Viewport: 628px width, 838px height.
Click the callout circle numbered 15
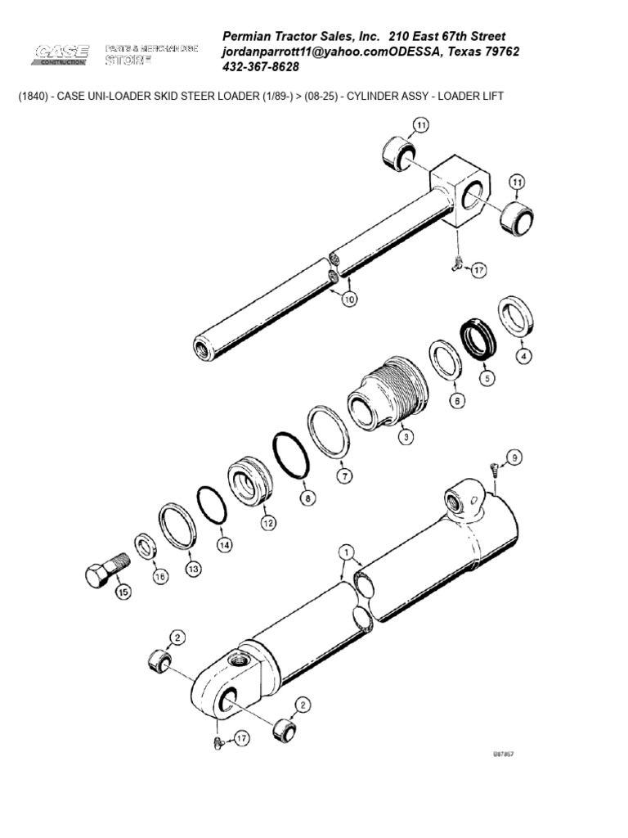(x=123, y=593)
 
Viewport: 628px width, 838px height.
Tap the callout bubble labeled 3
(x=403, y=437)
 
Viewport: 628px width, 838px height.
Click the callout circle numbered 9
(x=514, y=457)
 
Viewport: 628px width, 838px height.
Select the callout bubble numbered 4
(x=523, y=356)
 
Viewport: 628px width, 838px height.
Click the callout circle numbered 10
(x=350, y=300)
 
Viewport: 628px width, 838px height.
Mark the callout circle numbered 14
(x=224, y=544)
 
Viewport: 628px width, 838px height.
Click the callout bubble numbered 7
(x=344, y=475)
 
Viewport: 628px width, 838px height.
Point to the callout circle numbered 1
(x=348, y=552)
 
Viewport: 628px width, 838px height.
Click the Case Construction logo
(x=61, y=55)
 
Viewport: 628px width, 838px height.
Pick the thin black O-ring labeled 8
(x=289, y=454)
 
